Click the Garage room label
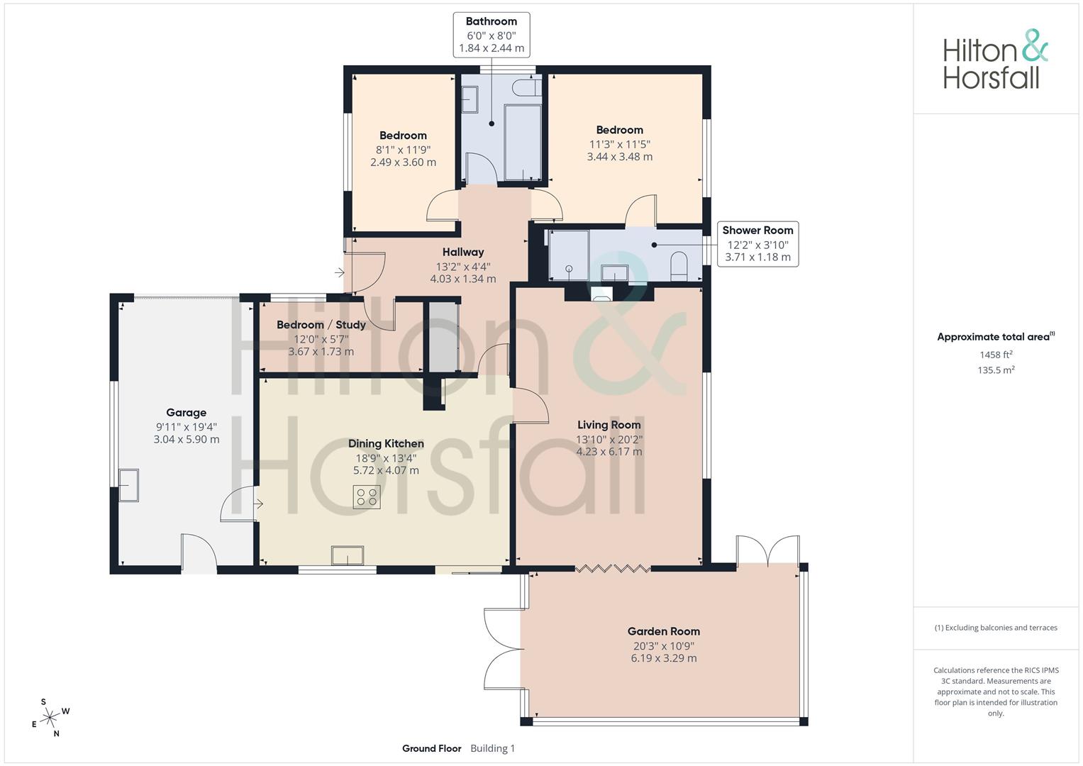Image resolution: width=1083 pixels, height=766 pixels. (x=186, y=413)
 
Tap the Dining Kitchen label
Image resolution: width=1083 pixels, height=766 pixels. (x=386, y=443)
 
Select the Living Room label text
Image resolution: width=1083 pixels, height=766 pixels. (x=609, y=425)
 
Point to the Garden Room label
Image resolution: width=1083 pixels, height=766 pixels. (x=664, y=631)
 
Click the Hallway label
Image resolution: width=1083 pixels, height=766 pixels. (x=463, y=252)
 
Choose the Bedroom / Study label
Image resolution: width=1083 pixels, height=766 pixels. (x=321, y=325)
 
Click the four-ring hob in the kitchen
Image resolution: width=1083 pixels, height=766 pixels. (x=367, y=496)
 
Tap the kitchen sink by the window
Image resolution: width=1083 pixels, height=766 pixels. (x=347, y=555)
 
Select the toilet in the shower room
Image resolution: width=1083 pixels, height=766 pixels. (x=679, y=265)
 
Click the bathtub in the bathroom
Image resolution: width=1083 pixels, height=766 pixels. (x=522, y=142)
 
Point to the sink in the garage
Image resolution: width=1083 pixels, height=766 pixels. (x=128, y=485)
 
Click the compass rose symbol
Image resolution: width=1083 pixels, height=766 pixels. (x=50, y=718)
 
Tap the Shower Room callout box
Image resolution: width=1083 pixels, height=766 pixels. (x=757, y=244)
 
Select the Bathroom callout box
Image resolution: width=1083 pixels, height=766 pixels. (x=491, y=35)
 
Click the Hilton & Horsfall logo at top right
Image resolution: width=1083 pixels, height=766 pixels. (x=996, y=59)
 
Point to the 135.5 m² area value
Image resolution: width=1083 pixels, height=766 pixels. (x=996, y=370)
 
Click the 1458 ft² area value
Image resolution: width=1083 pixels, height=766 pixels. (x=996, y=355)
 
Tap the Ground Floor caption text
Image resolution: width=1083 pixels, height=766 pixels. (x=432, y=748)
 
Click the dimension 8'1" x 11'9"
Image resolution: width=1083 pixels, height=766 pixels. (x=404, y=150)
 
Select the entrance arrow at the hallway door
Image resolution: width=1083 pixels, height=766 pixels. (x=340, y=273)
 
